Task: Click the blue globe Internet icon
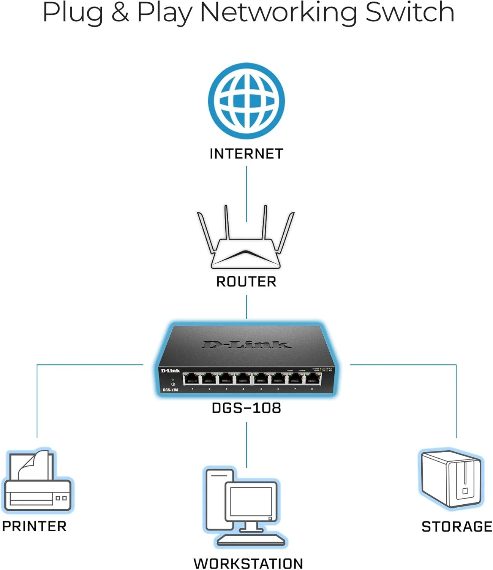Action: tap(246, 101)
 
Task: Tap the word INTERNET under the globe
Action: tap(246, 154)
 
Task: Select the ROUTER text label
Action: tap(246, 282)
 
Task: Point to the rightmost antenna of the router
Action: tap(286, 232)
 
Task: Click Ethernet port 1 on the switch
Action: tap(191, 379)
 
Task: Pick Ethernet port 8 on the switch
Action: tap(313, 379)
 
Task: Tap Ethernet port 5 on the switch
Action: tap(261, 379)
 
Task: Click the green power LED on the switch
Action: tap(173, 380)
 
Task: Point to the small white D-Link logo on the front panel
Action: tap(170, 371)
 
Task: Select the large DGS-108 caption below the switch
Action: tap(246, 408)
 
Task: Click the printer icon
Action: tap(37, 481)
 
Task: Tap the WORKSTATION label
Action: tap(248, 563)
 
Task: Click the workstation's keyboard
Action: tap(251, 540)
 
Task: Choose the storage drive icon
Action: tap(451, 479)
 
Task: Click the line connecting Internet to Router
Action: tap(246, 194)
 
